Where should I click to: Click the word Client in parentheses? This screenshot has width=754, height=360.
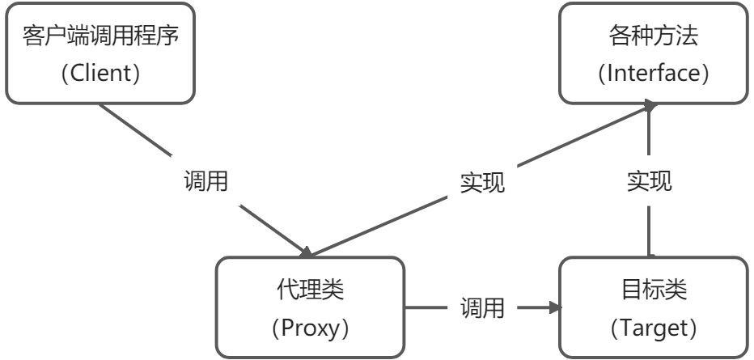[100, 74]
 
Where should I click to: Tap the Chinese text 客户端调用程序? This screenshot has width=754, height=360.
[100, 37]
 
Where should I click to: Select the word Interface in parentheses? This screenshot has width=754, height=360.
[654, 74]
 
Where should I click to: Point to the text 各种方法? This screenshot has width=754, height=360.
[654, 37]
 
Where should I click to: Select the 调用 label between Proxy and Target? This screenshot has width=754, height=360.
[483, 307]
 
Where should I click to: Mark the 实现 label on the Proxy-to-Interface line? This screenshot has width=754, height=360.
[483, 183]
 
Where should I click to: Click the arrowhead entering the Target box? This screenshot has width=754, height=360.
[553, 307]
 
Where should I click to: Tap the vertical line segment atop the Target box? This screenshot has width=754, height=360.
[650, 231]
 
